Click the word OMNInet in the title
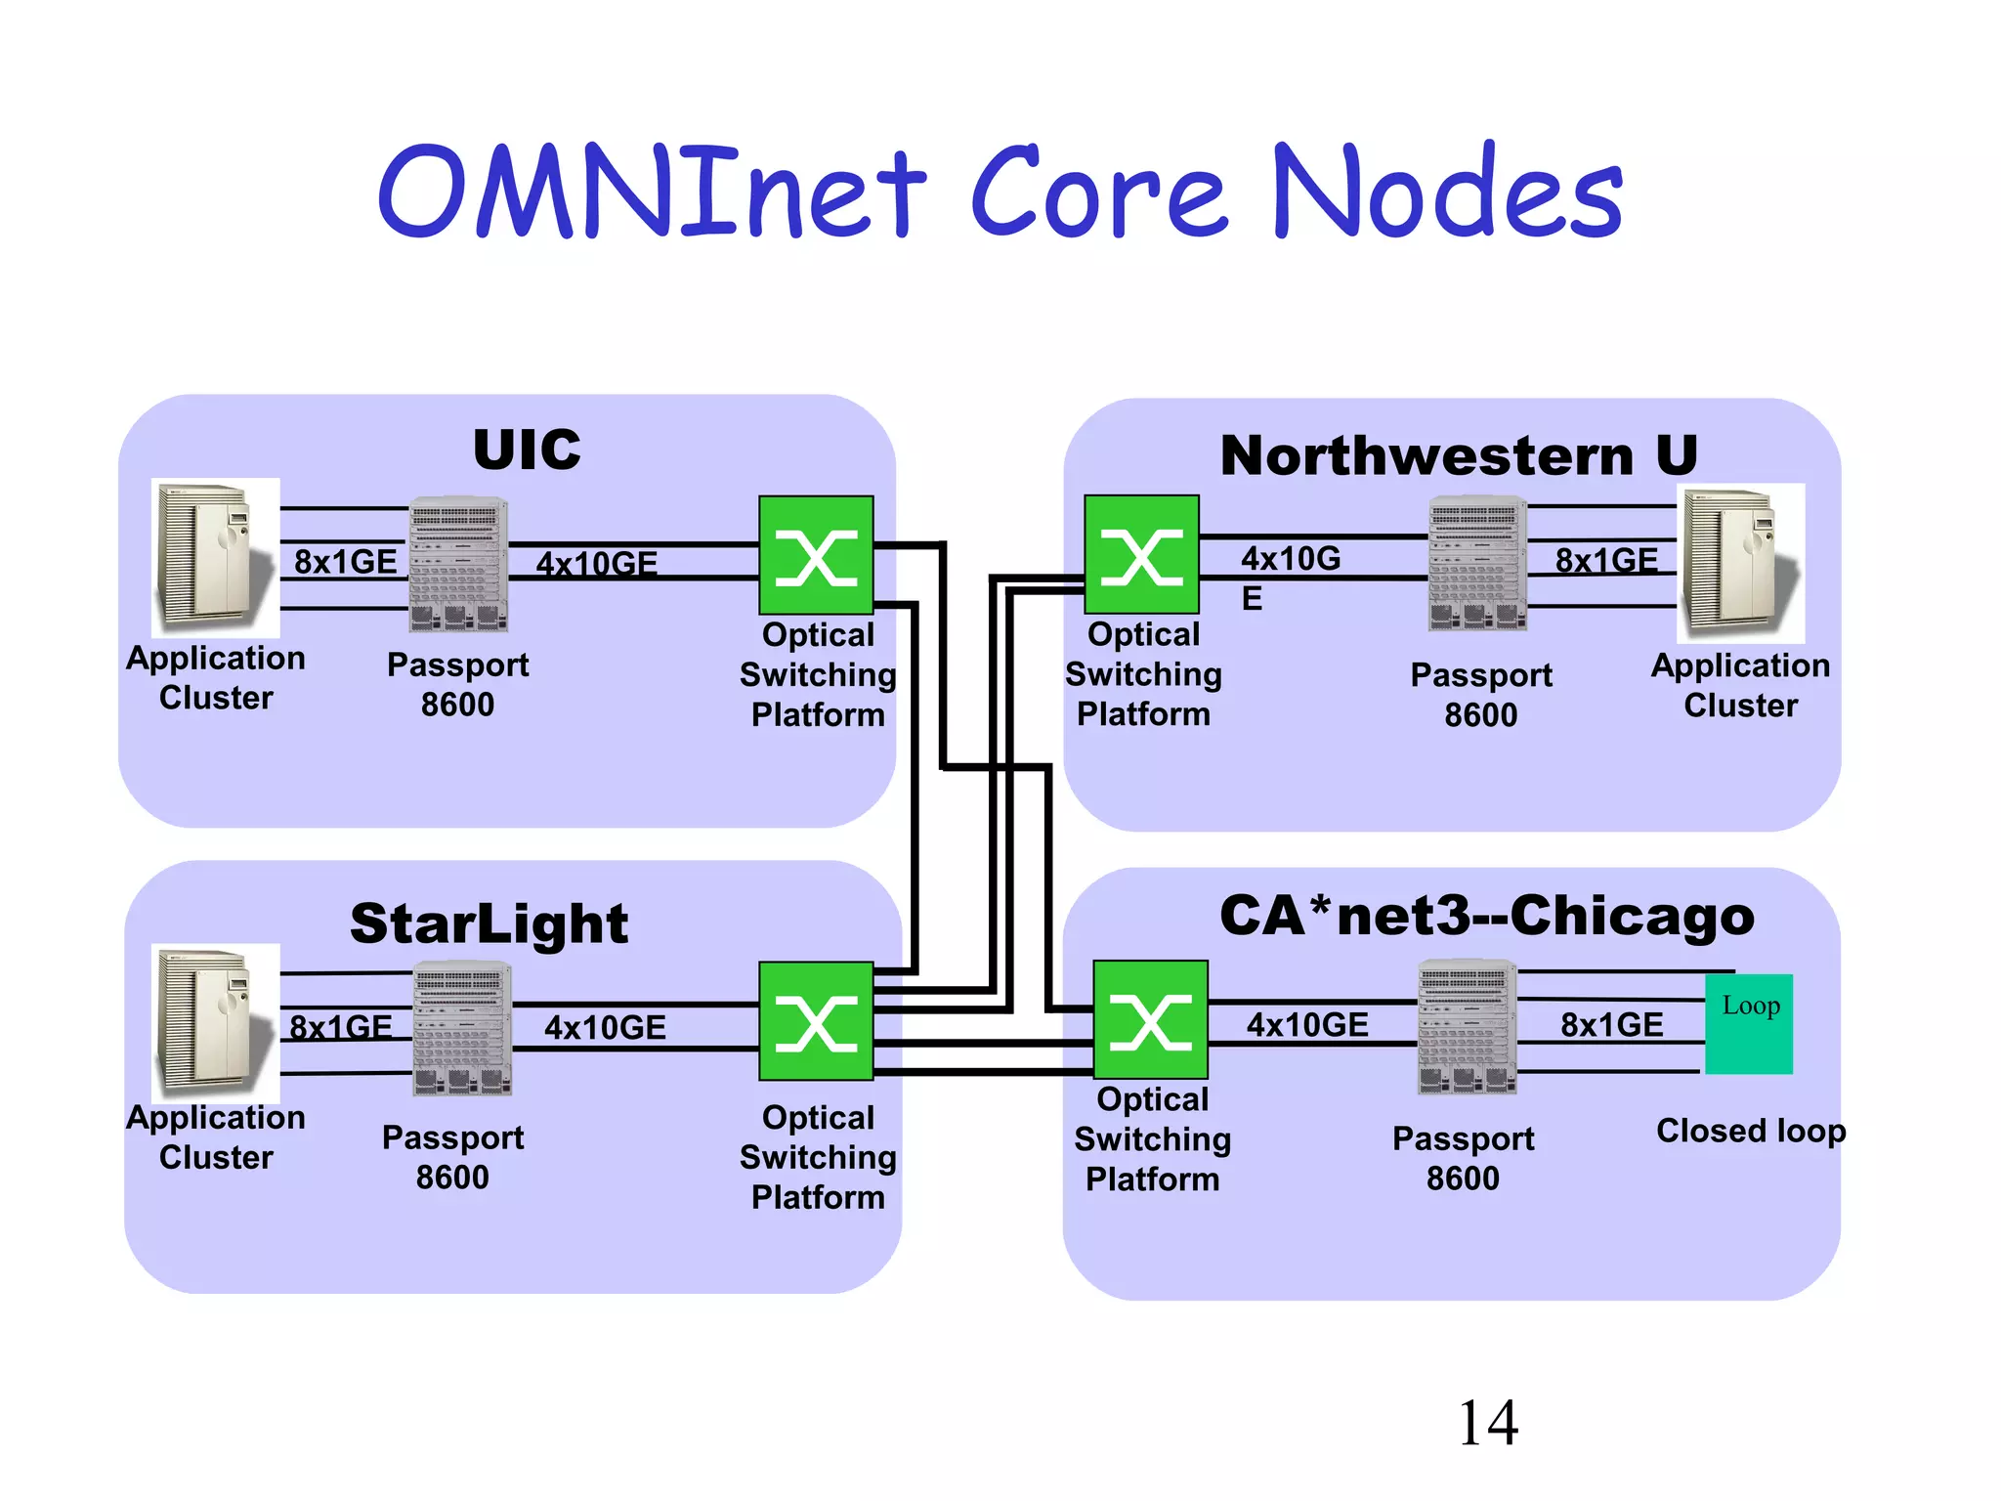[650, 191]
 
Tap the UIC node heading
[527, 450]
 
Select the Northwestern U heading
[1459, 455]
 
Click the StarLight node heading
[489, 923]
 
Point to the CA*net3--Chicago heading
[1486, 916]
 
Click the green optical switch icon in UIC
[816, 555]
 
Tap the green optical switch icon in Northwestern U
[1141, 554]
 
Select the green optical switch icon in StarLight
[816, 1021]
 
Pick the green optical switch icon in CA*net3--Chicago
[1150, 1019]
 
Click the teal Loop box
[1748, 1024]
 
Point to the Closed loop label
[1750, 1131]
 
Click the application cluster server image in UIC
[215, 557]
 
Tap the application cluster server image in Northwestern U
[1740, 563]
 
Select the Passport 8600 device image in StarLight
[461, 1028]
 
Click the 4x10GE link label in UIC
[596, 564]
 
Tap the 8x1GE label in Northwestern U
[1605, 560]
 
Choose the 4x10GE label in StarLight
[605, 1027]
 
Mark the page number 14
[1487, 1423]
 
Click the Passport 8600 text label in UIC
[457, 684]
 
